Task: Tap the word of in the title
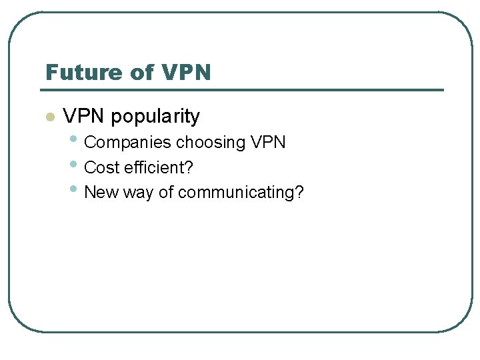pos(141,71)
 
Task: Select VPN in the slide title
pos(186,71)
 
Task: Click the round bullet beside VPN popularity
pos(49,117)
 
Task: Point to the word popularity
pos(155,117)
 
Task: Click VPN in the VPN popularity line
pos(85,117)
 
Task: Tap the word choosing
pos(211,143)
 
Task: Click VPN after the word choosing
pos(269,143)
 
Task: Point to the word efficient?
pos(159,167)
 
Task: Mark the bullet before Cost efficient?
pos(74,165)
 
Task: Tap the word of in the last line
pos(166,193)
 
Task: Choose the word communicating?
pos(241,193)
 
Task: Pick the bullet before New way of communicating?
pos(74,190)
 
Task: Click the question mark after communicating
pos(299,193)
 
